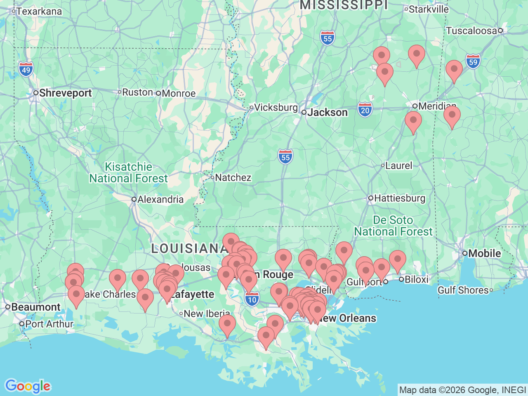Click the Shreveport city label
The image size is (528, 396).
pos(65,93)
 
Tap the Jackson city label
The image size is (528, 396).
pos(328,113)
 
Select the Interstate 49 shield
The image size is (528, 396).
pos(26,69)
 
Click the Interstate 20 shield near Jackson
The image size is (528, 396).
pos(365,110)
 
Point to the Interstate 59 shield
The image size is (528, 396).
pos(473,62)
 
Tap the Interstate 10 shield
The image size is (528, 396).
pos(252,299)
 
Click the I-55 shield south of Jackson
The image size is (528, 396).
pos(285,157)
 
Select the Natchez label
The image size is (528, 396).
pos(233,178)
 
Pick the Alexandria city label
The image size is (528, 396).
pos(160,200)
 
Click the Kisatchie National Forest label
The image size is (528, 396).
pos(129,173)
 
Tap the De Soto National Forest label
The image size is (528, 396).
pos(393,226)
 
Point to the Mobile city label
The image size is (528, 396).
pos(484,253)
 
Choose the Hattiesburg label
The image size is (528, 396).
pos(399,198)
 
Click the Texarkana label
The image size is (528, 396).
pos(39,12)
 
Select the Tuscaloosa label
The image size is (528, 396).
pos(471,31)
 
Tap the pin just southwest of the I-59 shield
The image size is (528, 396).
pos(454,70)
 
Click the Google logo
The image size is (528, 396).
pos(28,387)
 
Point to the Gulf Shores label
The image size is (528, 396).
pos(463,290)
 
